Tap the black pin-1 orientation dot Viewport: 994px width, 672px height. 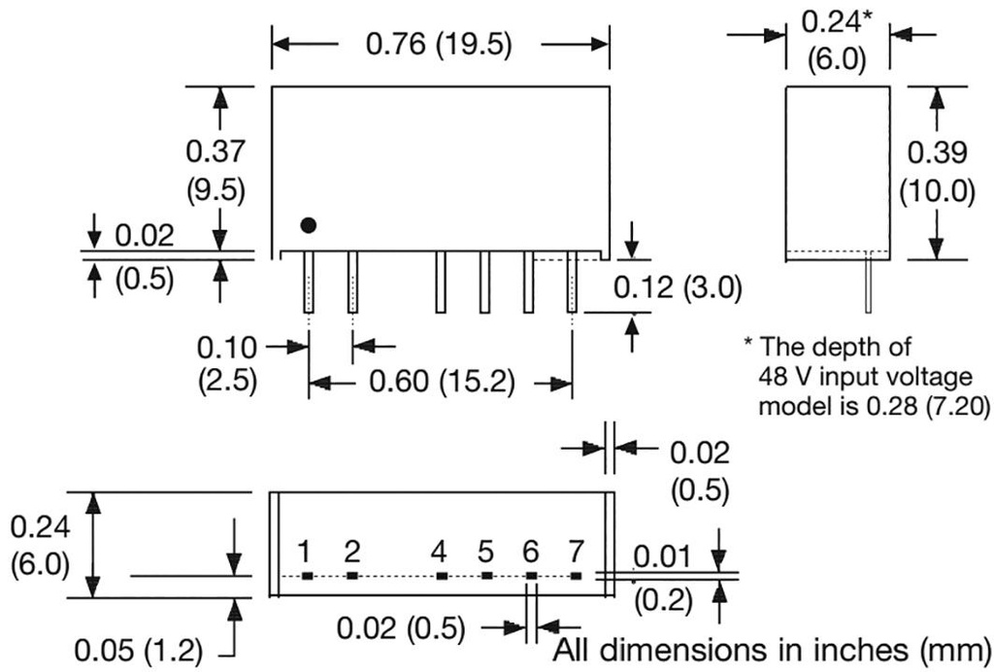(309, 225)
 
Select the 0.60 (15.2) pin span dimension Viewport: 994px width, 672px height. (440, 383)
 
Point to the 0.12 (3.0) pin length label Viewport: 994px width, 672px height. (678, 287)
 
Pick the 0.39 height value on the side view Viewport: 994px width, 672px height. (938, 151)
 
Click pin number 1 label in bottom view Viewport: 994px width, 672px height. (305, 553)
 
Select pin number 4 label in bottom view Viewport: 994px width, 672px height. (440, 553)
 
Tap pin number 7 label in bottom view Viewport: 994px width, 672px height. (577, 553)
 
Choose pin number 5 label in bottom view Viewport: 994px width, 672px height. (485, 553)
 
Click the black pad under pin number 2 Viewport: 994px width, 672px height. (352, 576)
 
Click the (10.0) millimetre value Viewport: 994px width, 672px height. (936, 191)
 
